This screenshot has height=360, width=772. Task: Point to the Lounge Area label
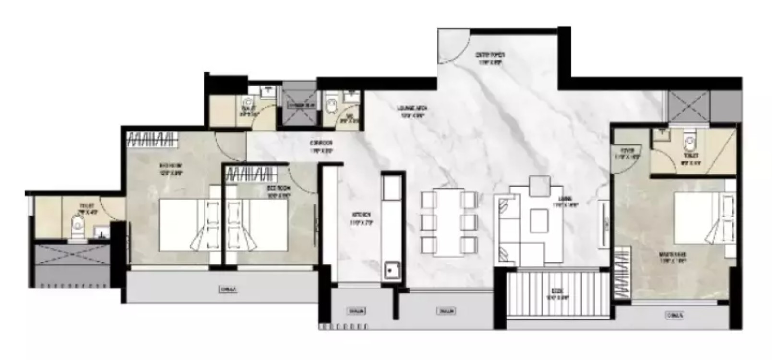coord(411,112)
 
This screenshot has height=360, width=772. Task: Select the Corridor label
coord(321,146)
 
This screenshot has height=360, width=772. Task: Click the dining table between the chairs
coord(449,223)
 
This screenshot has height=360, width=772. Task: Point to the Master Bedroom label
coord(672,258)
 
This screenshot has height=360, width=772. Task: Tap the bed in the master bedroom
coord(703,218)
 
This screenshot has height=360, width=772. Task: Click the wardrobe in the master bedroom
coord(622,273)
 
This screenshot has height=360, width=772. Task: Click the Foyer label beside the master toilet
coord(627,153)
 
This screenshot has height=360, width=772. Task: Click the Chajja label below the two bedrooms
coord(228,289)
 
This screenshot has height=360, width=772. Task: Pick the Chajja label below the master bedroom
coord(675,315)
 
